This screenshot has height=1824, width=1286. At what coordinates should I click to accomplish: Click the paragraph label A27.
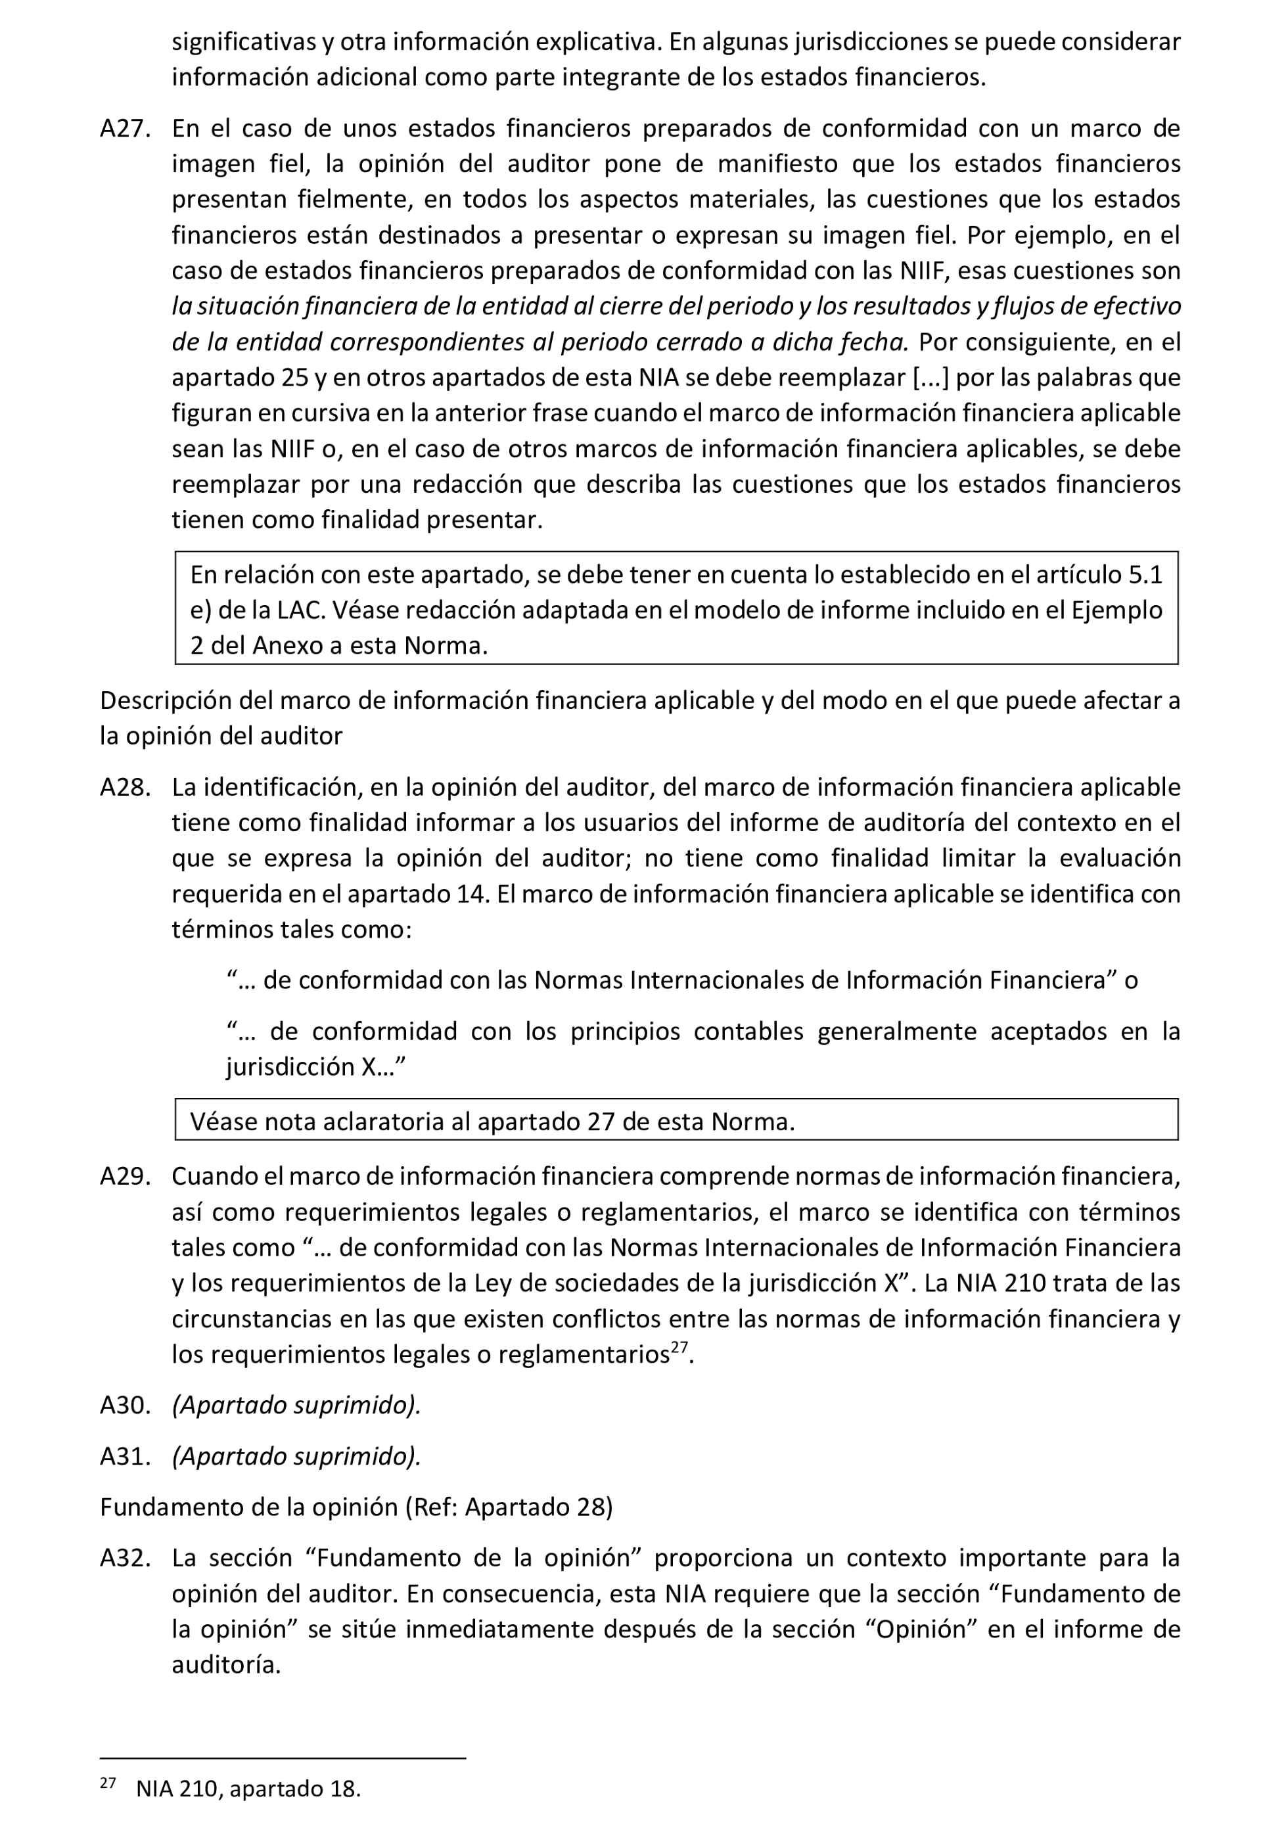coord(125,129)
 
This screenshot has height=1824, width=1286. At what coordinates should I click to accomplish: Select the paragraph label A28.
coord(125,787)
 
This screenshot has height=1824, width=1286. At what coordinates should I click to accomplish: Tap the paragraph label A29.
coord(125,1177)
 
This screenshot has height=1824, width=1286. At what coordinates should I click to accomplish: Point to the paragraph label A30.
coord(125,1405)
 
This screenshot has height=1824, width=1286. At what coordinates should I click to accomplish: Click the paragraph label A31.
coord(125,1456)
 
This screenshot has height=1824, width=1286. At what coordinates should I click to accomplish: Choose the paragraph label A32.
coord(125,1558)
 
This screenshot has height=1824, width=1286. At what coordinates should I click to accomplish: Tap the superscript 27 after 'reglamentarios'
coord(678,1348)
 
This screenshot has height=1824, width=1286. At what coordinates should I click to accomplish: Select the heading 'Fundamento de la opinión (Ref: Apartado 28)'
coord(356,1507)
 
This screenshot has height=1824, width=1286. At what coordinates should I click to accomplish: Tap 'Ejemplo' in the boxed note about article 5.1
coord(1117,610)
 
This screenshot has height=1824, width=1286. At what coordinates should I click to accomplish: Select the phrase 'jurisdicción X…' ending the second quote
coord(315,1066)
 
